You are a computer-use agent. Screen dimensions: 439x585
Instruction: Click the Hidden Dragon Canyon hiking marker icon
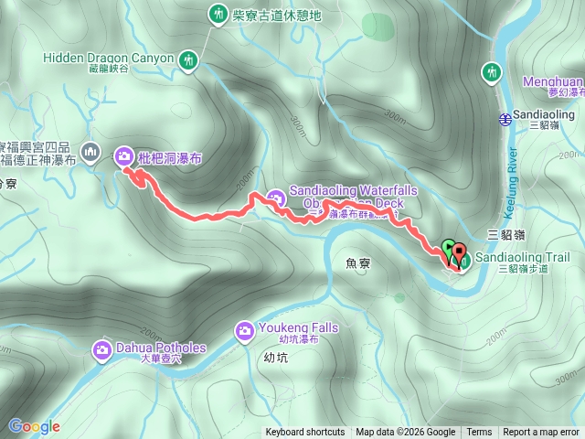tap(188, 59)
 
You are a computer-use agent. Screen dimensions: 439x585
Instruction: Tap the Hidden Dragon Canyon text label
tap(108, 58)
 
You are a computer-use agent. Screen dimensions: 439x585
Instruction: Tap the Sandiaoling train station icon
tap(505, 117)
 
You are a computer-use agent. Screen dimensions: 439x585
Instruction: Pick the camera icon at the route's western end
tap(123, 156)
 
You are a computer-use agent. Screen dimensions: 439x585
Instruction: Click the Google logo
tap(34, 426)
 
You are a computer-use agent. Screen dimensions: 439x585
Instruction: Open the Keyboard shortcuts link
tap(305, 433)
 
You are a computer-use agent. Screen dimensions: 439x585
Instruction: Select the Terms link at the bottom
tap(479, 433)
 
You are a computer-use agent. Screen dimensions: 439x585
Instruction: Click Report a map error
tap(542, 433)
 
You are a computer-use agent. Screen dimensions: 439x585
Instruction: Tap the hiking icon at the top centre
tap(218, 14)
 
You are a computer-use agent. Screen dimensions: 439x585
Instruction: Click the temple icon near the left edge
tap(90, 150)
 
